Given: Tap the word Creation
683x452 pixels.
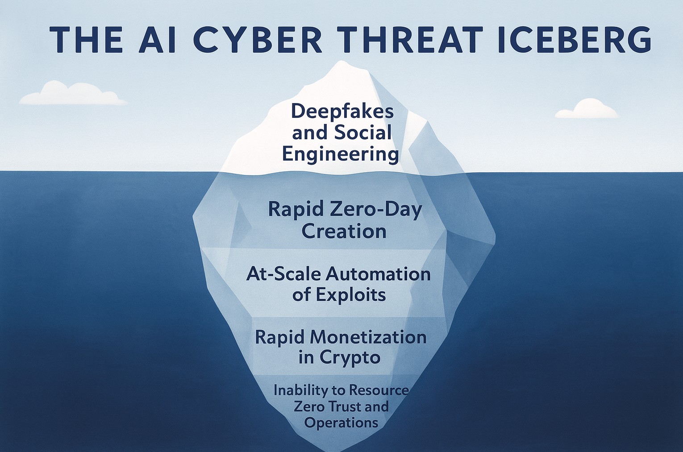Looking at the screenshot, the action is point(344,231).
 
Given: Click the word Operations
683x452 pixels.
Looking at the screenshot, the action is point(341,423).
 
